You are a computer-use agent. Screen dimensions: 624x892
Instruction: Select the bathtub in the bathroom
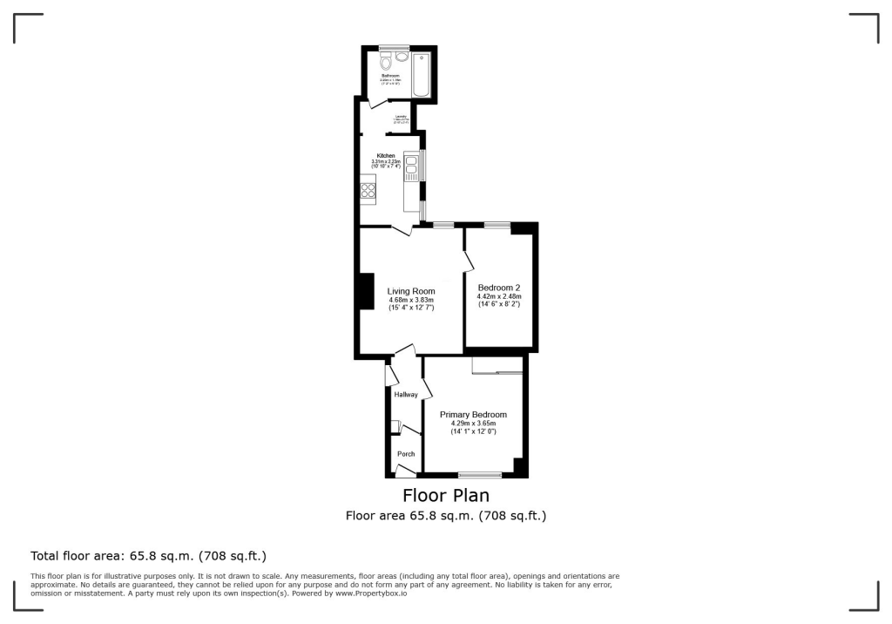click(x=422, y=75)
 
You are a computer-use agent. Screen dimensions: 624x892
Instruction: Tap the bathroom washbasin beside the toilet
click(x=402, y=57)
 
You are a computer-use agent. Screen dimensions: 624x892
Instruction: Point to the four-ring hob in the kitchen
click(x=368, y=189)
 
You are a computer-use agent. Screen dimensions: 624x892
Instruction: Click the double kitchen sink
click(x=411, y=166)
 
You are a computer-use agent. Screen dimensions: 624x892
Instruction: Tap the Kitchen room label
click(x=385, y=156)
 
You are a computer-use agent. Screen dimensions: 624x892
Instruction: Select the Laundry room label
click(x=401, y=116)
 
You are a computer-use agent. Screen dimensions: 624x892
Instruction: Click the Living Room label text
click(x=412, y=291)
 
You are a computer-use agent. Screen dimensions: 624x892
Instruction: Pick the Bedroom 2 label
click(x=499, y=288)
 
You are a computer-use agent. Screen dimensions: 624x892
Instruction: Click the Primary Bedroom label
click(x=473, y=415)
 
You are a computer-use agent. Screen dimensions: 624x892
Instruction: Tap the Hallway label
click(x=406, y=395)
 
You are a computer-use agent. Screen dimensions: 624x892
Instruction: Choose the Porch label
click(x=406, y=454)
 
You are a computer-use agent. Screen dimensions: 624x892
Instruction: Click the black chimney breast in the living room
click(x=359, y=292)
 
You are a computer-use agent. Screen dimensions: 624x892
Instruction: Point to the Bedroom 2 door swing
click(x=469, y=260)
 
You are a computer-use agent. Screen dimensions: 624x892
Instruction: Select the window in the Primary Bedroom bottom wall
click(x=480, y=475)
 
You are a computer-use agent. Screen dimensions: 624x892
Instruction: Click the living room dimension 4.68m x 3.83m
click(x=412, y=301)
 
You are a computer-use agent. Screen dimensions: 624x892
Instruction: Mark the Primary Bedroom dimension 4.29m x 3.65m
click(x=473, y=424)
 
